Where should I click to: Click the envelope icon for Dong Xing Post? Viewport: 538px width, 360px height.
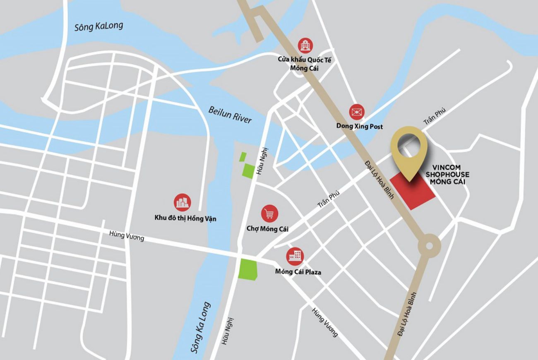point(356,112)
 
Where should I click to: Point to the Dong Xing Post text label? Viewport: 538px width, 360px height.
point(359,126)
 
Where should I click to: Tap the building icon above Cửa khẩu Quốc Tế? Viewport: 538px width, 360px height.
point(305,45)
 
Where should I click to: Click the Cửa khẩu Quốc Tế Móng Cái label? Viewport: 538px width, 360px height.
point(305,64)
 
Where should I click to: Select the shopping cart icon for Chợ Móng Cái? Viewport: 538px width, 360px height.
point(269,214)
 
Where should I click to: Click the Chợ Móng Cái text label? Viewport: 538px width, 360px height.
point(267,229)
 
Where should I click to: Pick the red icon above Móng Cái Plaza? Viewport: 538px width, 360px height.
point(295,257)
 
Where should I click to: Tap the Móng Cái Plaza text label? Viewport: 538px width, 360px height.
point(298,272)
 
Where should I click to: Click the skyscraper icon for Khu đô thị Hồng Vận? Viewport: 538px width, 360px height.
point(183,202)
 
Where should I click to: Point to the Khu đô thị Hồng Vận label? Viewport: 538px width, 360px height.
point(185,218)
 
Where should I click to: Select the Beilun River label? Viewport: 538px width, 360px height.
point(230,114)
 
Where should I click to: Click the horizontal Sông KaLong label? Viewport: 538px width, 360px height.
point(98,26)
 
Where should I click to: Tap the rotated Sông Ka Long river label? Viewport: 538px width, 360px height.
point(201,327)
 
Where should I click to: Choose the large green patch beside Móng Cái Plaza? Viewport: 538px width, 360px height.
point(248,269)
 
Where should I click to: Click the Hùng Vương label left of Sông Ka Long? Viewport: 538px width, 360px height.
point(127,236)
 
